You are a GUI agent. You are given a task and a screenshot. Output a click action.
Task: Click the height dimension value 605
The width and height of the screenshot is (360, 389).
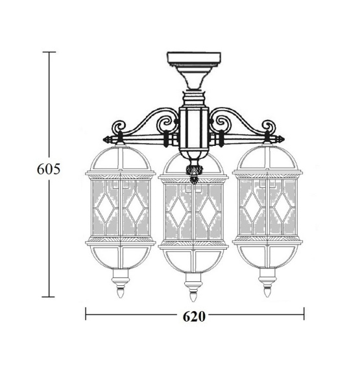(49, 169)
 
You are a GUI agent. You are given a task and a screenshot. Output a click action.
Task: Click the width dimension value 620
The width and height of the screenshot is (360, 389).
(194, 316)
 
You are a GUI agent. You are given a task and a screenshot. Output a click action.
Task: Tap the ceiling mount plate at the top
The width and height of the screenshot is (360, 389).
(194, 58)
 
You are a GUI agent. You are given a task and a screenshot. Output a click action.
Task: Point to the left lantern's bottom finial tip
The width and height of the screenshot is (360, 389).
(120, 297)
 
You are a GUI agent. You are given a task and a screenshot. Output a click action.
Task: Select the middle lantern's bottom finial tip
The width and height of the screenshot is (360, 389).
(193, 301)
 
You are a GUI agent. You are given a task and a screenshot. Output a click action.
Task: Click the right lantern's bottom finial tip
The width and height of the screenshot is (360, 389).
(267, 296)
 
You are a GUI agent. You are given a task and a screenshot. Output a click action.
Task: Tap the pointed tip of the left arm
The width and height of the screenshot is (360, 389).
(104, 139)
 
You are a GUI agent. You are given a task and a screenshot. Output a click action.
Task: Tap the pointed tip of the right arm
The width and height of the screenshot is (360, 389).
(284, 139)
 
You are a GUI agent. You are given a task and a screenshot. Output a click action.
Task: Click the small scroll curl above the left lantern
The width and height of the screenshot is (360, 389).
(119, 126)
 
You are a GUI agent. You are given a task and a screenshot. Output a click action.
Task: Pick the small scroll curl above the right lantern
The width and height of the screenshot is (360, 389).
(269, 126)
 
